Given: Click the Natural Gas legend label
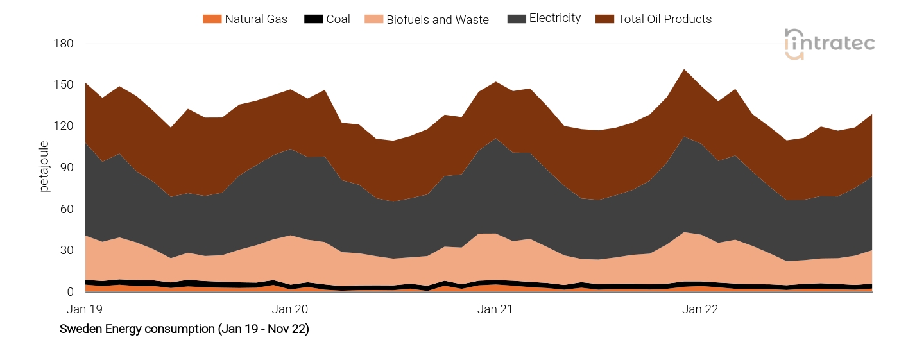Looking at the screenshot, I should [255, 19].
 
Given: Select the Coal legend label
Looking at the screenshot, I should [338, 19].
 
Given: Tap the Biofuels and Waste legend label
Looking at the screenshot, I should [437, 20].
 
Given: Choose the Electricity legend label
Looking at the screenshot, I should [554, 19].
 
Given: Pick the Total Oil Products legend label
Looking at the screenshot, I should [664, 19].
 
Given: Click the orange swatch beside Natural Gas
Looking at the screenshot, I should [212, 19].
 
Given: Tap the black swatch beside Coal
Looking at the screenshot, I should [313, 19].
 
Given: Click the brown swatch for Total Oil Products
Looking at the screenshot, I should [604, 19].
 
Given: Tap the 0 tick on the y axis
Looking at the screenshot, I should [70, 292].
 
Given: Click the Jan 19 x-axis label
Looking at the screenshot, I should [85, 309].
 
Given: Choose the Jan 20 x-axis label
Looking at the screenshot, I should [290, 309].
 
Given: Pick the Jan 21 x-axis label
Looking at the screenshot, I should [495, 309].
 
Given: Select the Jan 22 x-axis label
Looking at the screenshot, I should [700, 309].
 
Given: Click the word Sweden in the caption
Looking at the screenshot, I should [79, 329].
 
